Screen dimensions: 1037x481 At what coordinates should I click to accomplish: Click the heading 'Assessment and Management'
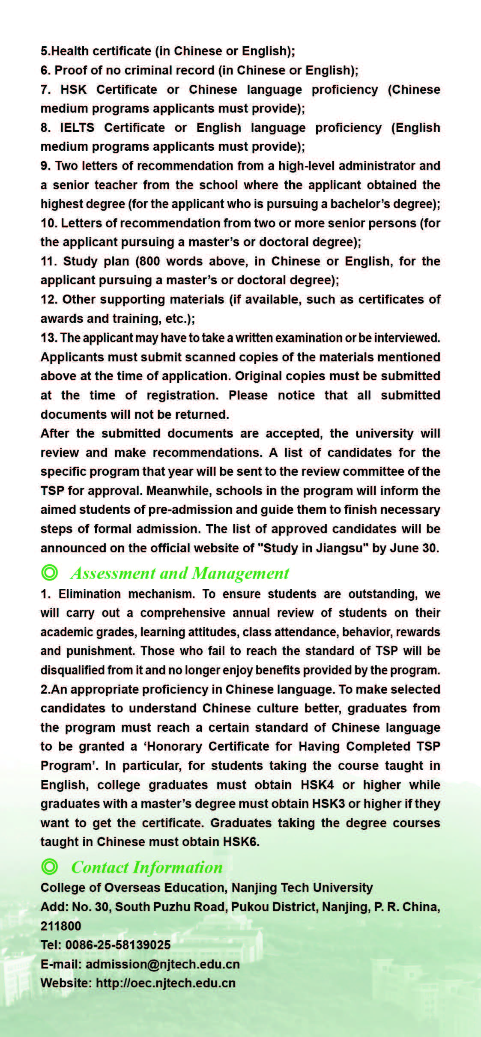[180, 573]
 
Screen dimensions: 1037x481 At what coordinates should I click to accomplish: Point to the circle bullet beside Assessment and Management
[50, 573]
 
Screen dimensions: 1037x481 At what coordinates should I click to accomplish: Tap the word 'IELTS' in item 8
[77, 128]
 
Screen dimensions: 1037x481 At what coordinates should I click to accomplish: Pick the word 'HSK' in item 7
[74, 89]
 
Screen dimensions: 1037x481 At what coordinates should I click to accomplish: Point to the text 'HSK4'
[317, 784]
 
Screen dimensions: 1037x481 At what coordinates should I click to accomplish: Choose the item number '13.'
[49, 338]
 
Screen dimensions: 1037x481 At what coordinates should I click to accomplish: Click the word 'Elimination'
[90, 594]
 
